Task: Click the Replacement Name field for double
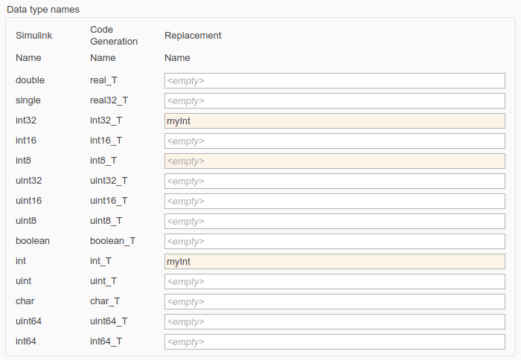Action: pyautogui.click(x=334, y=80)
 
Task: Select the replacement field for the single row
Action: pyautogui.click(x=334, y=100)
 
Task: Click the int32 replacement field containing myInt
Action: pyautogui.click(x=334, y=120)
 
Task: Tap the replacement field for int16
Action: pyautogui.click(x=334, y=141)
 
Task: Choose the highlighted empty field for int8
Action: pyautogui.click(x=334, y=161)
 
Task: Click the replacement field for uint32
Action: pyautogui.click(x=334, y=181)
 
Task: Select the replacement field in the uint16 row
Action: pyautogui.click(x=334, y=201)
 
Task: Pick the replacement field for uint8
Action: pyautogui.click(x=334, y=221)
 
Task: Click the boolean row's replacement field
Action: pyautogui.click(x=334, y=241)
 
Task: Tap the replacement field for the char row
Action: pyautogui.click(x=334, y=301)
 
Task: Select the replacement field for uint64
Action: pyautogui.click(x=334, y=321)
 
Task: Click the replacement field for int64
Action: pyautogui.click(x=334, y=341)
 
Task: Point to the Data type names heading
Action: pyautogui.click(x=43, y=9)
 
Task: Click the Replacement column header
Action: pyautogui.click(x=193, y=35)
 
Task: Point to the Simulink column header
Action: pyautogui.click(x=33, y=35)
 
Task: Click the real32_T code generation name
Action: pyautogui.click(x=109, y=100)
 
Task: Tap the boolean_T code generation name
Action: pyautogui.click(x=112, y=241)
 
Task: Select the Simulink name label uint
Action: pyautogui.click(x=24, y=281)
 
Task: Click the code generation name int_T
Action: pyautogui.click(x=100, y=261)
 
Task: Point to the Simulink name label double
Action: pyautogui.click(x=30, y=80)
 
